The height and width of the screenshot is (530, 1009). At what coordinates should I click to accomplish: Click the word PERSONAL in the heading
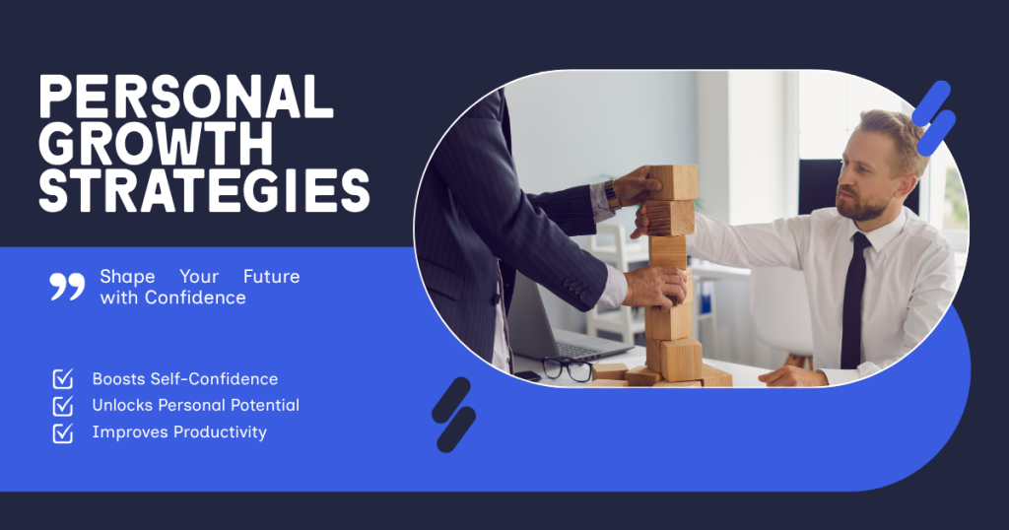tap(186, 97)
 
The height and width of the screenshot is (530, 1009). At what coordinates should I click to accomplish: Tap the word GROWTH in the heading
tap(157, 143)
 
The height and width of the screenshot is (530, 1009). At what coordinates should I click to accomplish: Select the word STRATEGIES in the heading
tap(204, 190)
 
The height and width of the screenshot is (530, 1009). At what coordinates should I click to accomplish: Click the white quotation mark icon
tap(67, 287)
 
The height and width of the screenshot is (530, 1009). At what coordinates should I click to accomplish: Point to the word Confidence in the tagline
tap(195, 298)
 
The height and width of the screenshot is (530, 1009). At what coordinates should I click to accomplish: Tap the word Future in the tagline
tap(272, 277)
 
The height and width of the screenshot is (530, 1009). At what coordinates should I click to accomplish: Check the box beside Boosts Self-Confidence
tap(62, 379)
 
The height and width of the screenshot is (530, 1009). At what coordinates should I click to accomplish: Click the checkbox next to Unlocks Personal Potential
tap(62, 406)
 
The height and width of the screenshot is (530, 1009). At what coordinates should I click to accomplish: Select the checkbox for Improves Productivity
tap(62, 432)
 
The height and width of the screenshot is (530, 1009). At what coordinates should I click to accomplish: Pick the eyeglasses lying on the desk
tap(567, 368)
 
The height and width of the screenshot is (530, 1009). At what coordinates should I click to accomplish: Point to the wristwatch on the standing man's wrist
tap(612, 194)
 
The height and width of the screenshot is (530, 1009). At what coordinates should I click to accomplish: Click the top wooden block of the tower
tap(672, 182)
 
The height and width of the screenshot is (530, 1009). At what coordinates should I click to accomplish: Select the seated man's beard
tap(863, 204)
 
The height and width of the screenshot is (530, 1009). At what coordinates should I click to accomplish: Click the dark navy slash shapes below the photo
tap(453, 415)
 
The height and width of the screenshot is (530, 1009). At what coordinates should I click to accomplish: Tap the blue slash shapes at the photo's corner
tap(934, 118)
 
